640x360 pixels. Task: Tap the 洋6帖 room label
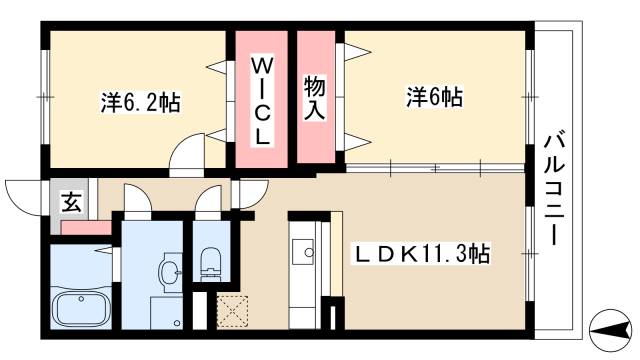point(433,97)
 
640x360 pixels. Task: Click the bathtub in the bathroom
point(83,309)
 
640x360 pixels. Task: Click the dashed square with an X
point(231,311)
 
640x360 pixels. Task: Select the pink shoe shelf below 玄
point(85,227)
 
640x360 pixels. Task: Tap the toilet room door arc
point(209,200)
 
